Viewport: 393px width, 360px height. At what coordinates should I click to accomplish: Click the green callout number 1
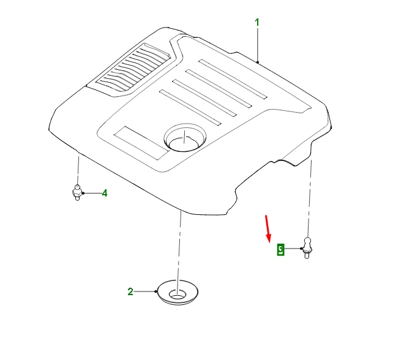[x=257, y=23]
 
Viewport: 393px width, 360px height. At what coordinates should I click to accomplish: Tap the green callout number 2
[x=130, y=291]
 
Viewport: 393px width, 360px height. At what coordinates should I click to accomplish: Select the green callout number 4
[x=105, y=193]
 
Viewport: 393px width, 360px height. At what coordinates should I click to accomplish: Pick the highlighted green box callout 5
[x=281, y=249]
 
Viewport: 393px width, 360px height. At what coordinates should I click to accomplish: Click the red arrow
[x=268, y=229]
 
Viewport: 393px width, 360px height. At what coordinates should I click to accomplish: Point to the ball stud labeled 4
[x=77, y=192]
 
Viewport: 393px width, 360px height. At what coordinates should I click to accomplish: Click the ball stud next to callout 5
[x=307, y=247]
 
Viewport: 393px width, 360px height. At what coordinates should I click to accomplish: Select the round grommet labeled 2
[x=178, y=292]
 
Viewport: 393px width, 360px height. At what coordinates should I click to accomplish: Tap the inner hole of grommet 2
[x=178, y=294]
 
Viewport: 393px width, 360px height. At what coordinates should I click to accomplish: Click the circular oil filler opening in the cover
[x=185, y=137]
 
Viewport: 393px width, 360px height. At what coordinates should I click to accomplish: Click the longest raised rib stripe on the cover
[x=233, y=79]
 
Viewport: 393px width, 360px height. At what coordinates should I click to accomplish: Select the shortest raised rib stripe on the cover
[x=190, y=107]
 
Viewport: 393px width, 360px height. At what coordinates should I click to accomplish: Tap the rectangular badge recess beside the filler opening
[x=141, y=143]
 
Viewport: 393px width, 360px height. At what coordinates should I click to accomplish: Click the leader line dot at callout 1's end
[x=257, y=62]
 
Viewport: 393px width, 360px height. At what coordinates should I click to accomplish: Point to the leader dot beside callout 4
[x=83, y=193]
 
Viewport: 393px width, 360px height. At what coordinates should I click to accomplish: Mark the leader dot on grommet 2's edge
[x=156, y=291]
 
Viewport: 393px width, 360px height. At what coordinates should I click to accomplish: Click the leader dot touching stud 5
[x=301, y=249]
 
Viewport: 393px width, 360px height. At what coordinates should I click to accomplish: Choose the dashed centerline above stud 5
[x=310, y=198]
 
